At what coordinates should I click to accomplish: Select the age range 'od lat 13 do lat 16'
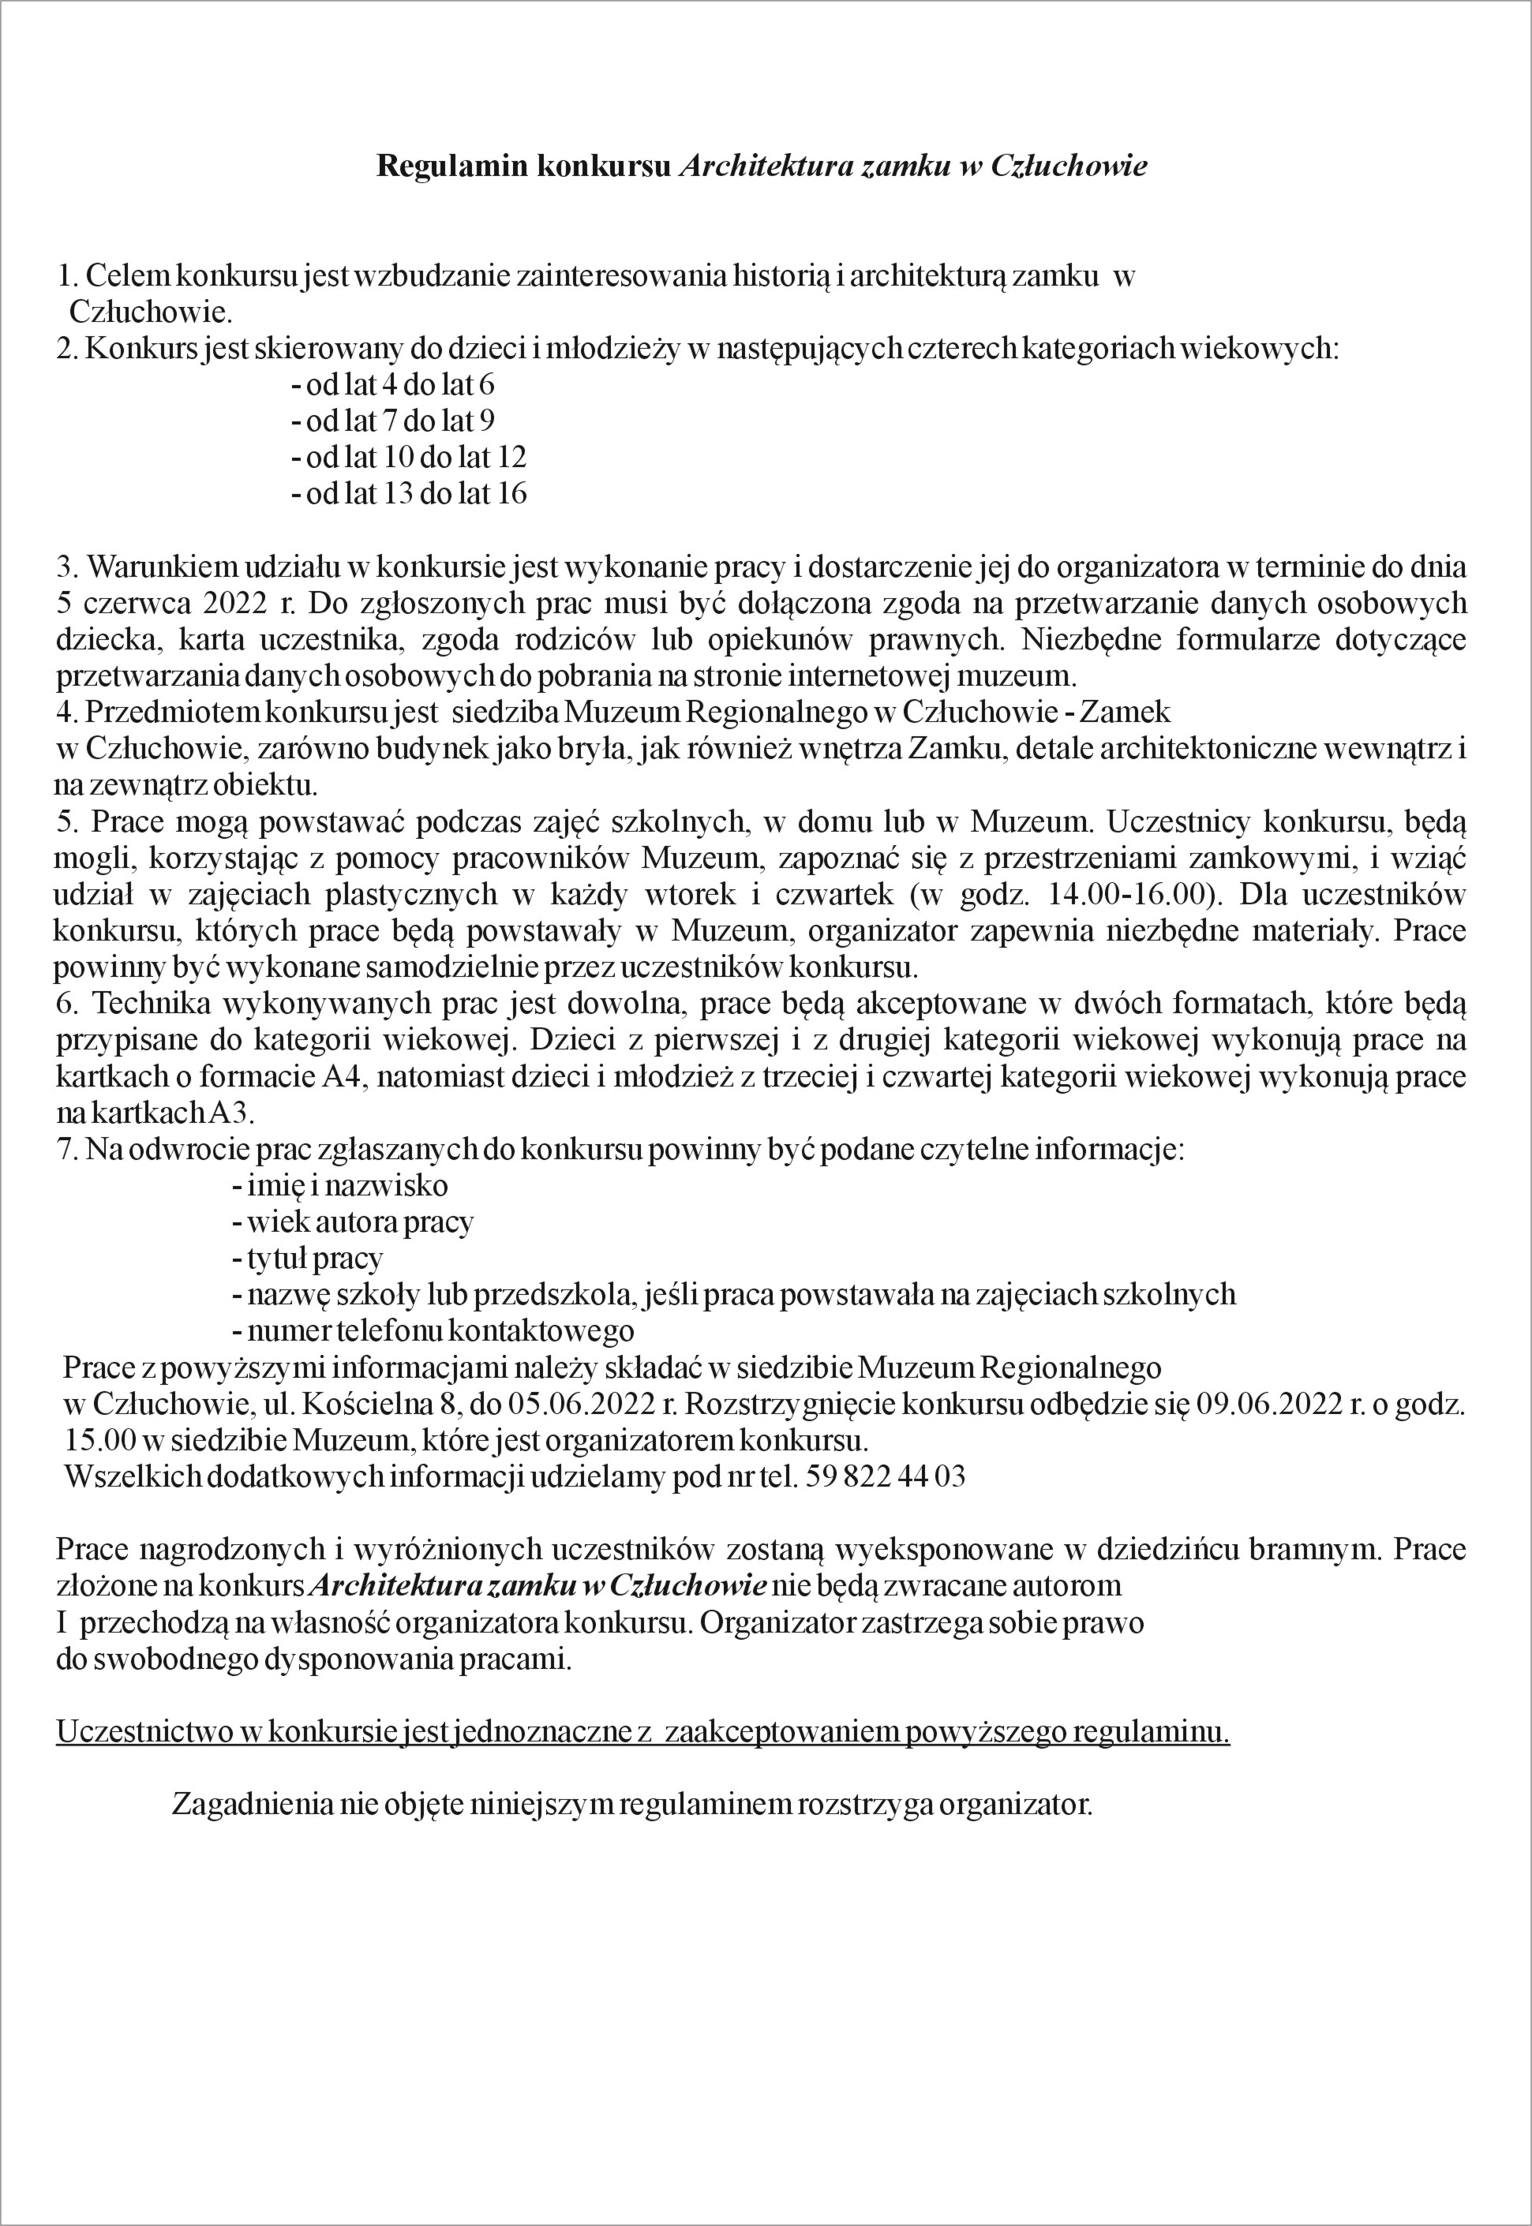409,494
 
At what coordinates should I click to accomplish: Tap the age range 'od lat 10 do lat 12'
409,458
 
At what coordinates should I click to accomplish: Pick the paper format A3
231,1114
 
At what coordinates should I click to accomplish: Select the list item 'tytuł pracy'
307,1259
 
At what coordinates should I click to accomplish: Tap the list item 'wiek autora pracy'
352,1223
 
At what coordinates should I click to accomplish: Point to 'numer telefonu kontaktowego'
433,1332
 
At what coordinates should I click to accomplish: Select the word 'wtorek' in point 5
689,895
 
